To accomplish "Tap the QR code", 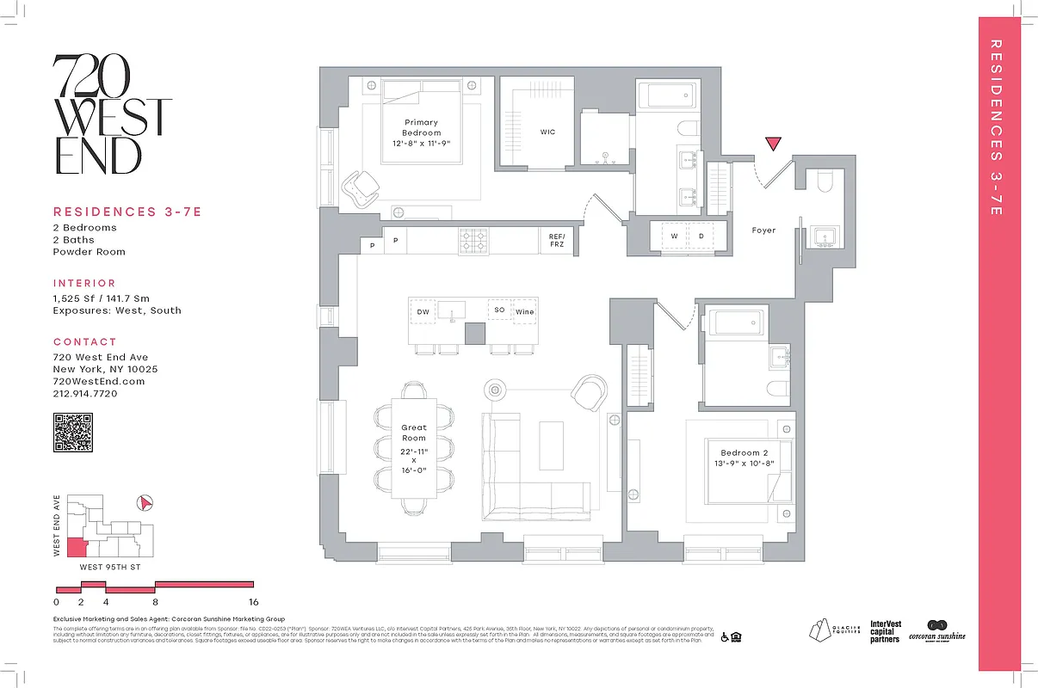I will pos(73,433).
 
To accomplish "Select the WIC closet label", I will pos(548,132).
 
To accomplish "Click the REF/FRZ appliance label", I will pos(556,239).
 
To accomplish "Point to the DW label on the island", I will pos(423,311).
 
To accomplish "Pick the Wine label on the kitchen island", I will pos(524,311).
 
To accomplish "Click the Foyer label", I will pos(763,230).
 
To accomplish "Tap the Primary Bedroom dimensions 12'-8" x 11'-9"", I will pos(422,144).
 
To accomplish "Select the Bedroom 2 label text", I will pos(740,452).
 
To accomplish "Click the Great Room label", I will pos(414,433).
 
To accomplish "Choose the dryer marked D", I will pos(701,236).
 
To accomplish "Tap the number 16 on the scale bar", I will pos(253,602).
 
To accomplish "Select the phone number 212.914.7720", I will pos(85,393).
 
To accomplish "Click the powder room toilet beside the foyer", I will pos(819,182).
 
